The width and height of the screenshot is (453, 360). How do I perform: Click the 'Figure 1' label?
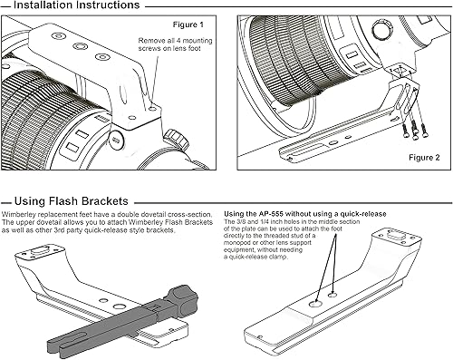[x=188, y=24]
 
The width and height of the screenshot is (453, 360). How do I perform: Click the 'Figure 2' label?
[x=424, y=157]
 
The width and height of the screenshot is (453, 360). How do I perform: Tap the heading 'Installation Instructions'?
[x=77, y=5]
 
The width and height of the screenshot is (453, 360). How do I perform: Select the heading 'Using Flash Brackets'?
[x=72, y=201]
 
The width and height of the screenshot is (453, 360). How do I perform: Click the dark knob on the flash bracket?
[x=183, y=301]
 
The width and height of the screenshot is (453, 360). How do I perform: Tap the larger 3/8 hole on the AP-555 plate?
[x=315, y=303]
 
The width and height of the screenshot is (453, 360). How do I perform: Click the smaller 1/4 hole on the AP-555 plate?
[x=333, y=295]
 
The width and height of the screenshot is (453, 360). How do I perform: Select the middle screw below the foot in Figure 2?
[x=414, y=129]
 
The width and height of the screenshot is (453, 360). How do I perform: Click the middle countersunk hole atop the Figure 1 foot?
[x=81, y=46]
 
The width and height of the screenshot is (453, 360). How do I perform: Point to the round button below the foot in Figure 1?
[x=116, y=140]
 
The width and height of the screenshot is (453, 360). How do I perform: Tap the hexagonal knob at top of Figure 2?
[x=381, y=30]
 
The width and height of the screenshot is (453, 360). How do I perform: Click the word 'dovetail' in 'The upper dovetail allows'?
[x=56, y=222]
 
